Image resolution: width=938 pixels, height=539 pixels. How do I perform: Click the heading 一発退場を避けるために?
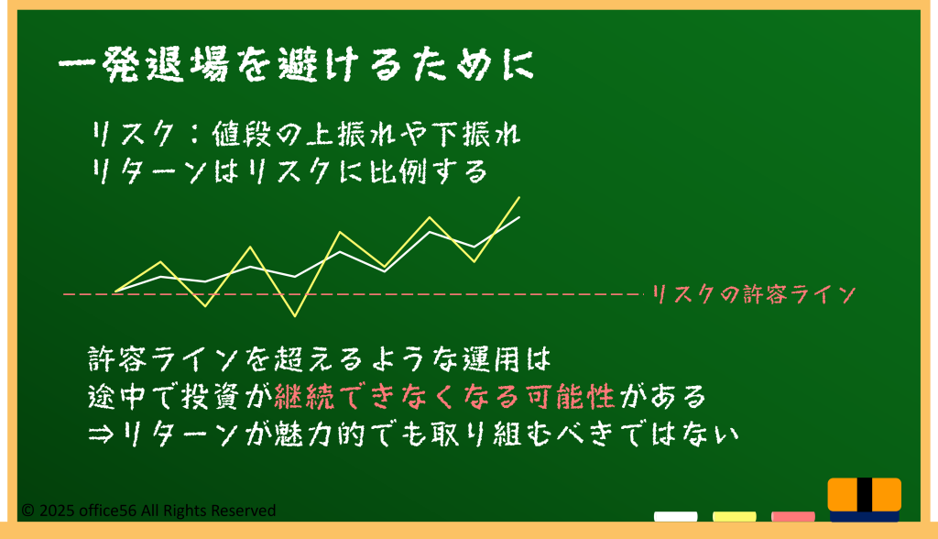296,64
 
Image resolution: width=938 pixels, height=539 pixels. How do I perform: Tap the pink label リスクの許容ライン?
753,294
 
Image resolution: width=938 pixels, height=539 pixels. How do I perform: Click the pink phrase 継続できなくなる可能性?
444,397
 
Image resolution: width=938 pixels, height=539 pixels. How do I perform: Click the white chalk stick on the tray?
675,516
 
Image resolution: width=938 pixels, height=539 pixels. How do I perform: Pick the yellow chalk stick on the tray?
734,516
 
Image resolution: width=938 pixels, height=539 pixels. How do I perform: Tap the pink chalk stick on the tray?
792,516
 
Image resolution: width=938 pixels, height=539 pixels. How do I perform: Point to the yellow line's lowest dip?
295,315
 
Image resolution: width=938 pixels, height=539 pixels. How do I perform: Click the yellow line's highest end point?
518,197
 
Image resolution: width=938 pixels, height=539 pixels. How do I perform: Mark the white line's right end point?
519,217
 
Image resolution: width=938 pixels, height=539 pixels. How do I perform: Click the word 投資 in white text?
210,397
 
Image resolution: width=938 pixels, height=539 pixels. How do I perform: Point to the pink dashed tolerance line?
352,294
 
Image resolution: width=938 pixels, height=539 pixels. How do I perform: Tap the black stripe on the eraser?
865,495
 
